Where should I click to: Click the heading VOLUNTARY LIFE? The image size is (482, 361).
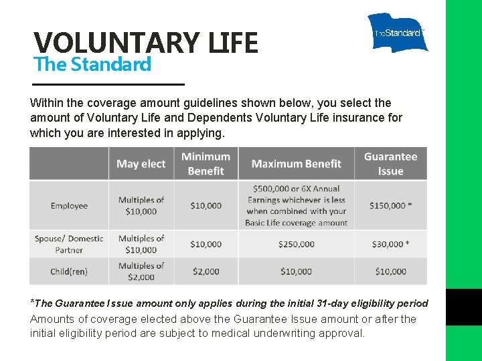click(146, 43)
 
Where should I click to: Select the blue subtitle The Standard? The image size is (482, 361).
click(92, 65)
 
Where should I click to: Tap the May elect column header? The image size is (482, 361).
click(141, 164)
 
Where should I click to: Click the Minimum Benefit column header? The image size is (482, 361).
click(206, 164)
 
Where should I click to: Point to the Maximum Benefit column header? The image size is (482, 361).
click(296, 164)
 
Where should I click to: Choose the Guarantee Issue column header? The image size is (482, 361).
click(390, 164)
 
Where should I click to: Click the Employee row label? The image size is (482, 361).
click(69, 206)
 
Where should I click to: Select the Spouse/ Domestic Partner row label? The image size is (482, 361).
click(69, 244)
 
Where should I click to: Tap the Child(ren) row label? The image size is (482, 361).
click(69, 271)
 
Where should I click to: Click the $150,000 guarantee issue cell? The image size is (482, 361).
click(390, 206)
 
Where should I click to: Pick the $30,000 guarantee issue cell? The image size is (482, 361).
click(390, 244)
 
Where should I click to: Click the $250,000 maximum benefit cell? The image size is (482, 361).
click(296, 244)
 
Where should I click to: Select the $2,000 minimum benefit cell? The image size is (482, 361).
click(206, 271)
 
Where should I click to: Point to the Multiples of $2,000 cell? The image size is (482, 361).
click(141, 271)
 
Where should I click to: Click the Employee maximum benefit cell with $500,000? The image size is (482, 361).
click(296, 206)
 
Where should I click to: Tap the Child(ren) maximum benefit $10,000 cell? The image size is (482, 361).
click(296, 271)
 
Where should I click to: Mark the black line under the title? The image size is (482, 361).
click(108, 84)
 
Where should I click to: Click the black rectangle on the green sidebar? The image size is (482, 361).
click(464, 308)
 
